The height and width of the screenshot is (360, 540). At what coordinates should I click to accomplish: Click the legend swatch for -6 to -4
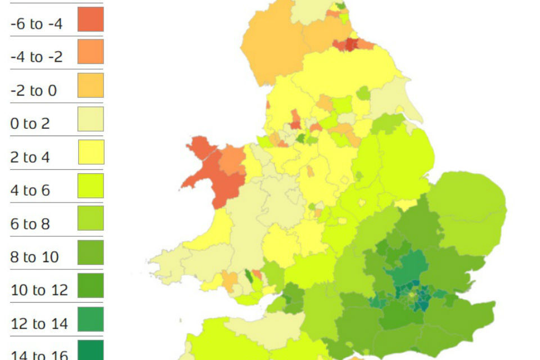click(91, 19)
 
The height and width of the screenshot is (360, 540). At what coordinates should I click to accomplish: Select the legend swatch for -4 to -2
click(91, 52)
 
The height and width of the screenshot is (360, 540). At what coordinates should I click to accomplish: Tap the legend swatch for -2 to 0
click(91, 85)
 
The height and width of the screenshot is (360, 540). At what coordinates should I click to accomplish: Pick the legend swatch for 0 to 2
click(91, 119)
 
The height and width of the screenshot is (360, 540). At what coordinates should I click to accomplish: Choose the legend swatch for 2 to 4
click(91, 152)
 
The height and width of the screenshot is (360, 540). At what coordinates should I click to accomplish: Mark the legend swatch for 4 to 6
click(91, 186)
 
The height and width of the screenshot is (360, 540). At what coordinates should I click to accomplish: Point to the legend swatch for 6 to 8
click(91, 219)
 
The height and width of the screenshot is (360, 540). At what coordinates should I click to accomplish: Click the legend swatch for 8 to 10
click(91, 253)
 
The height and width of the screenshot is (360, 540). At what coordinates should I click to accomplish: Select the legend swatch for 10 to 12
click(91, 286)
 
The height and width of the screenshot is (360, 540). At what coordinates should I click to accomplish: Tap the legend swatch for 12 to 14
click(91, 319)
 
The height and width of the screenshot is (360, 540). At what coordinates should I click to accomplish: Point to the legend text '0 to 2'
click(30, 124)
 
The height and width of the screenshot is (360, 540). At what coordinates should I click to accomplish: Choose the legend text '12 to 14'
click(39, 324)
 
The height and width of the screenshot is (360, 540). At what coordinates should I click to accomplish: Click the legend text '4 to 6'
click(30, 191)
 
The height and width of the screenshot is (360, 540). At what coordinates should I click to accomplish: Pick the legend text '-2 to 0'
click(33, 91)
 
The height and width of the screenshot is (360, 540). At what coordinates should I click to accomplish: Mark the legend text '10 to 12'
click(39, 291)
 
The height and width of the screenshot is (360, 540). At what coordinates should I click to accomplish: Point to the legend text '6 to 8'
click(30, 224)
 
